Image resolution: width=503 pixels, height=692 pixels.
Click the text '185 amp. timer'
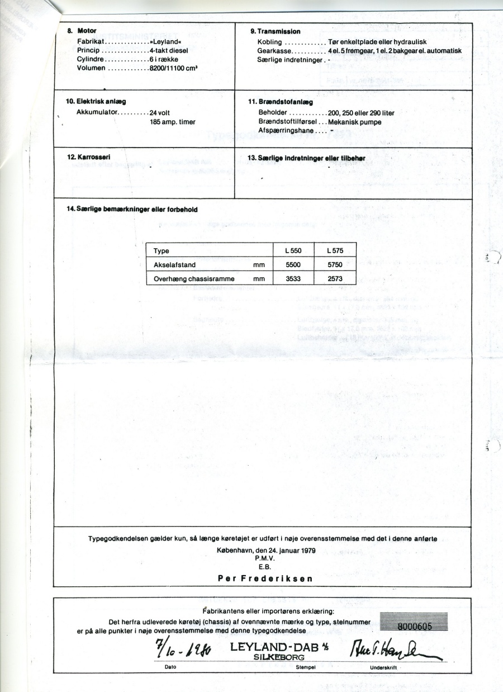tap(173, 121)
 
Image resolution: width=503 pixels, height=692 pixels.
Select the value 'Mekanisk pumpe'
tap(355, 121)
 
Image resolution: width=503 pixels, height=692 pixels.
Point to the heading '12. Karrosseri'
tap(88, 157)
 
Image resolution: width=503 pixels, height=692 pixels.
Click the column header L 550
tap(293, 251)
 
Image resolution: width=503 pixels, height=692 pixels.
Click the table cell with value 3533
tap(293, 278)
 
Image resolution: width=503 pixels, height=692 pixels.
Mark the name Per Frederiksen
tap(265, 579)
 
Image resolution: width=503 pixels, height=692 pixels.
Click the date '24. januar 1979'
tap(286, 551)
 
